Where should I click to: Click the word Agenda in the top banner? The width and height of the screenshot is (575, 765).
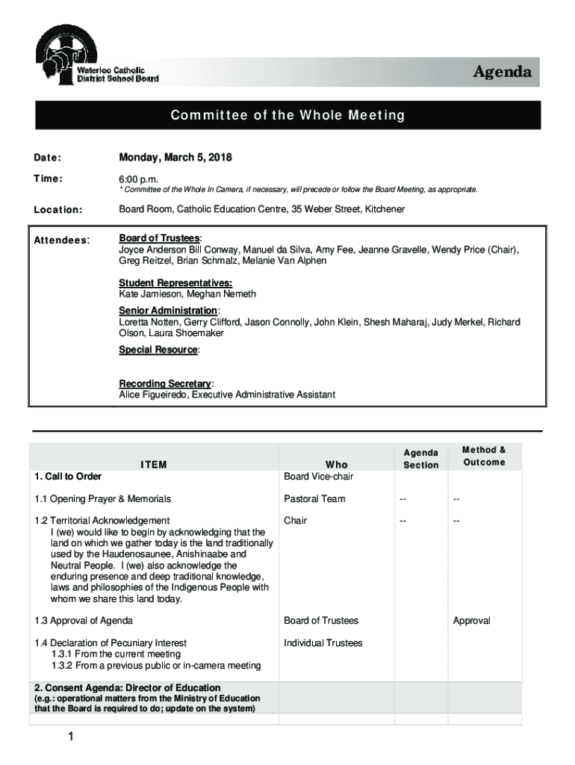pos(503,72)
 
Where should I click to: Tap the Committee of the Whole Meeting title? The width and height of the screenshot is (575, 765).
pos(287,115)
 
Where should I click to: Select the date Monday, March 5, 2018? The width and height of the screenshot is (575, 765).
pos(175,158)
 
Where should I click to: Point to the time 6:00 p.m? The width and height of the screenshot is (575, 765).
pos(140,179)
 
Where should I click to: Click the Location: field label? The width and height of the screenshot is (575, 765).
pos(58,210)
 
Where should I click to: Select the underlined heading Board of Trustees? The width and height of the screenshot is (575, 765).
pos(159,238)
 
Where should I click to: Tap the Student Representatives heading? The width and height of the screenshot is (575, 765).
pos(175,283)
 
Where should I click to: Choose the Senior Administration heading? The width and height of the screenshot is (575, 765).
pos(168,310)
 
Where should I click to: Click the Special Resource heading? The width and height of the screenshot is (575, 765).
pos(158,350)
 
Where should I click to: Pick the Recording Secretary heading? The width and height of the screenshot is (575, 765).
pos(165,384)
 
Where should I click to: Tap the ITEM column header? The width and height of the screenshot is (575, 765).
pos(154,465)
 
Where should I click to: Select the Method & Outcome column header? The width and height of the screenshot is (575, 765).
pos(484,456)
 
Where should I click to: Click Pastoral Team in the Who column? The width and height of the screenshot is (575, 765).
pos(314,498)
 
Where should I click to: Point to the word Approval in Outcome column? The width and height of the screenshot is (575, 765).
pos(471,621)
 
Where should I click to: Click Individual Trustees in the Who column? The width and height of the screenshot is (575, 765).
pos(323,642)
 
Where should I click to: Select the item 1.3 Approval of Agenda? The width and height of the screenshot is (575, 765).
pos(84,621)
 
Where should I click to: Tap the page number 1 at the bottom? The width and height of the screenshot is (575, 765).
pos(67,739)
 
